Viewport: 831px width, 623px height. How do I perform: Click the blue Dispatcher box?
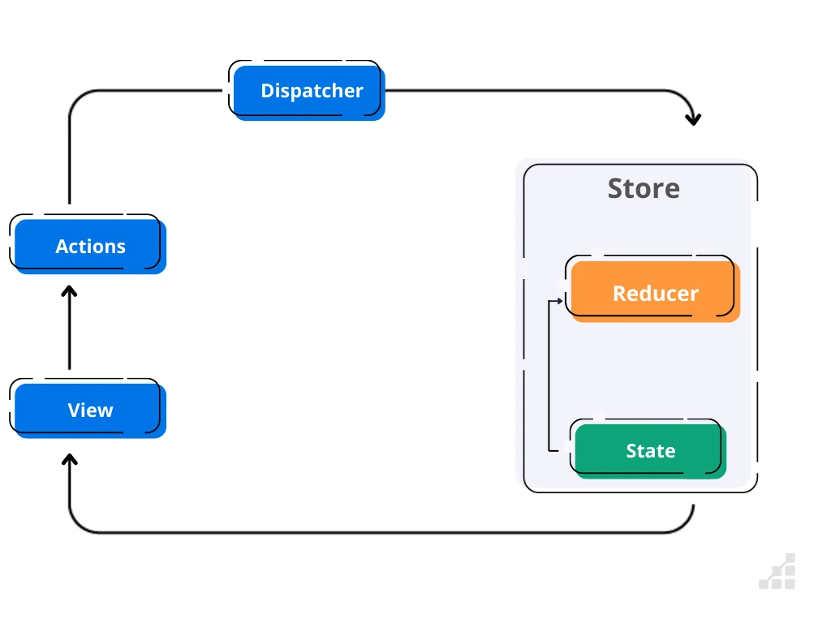pos(308,92)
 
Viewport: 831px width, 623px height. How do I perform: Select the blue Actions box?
pos(90,247)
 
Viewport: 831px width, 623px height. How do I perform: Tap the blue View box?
pos(90,410)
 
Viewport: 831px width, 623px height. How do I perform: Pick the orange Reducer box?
pos(655,293)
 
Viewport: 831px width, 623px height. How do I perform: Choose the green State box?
pos(650,451)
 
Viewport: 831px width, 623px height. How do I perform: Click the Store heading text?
pos(644,188)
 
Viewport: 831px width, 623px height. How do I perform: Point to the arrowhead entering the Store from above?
pos(692,119)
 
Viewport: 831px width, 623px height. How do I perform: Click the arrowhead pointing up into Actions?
pos(70,290)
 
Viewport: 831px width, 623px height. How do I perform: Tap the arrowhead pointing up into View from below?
pos(70,459)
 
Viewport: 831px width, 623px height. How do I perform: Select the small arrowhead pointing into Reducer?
pos(559,301)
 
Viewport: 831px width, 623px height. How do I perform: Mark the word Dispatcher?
pos(312,91)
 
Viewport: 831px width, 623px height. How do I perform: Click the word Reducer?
pos(655,294)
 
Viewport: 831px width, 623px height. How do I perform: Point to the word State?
pos(650,451)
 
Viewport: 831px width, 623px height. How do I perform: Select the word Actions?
pos(90,247)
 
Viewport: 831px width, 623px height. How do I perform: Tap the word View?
pos(90,410)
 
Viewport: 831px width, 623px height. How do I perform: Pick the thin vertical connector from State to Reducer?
pos(549,373)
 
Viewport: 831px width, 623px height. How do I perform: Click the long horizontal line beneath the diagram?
pos(381,533)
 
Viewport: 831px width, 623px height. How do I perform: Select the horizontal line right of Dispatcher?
pos(527,90)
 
